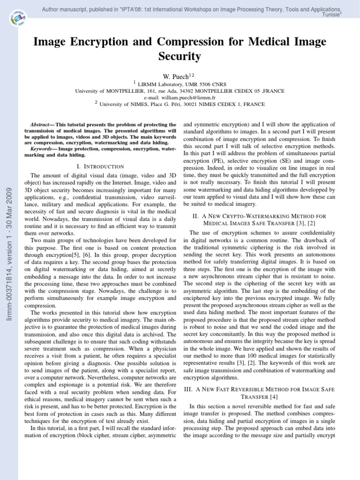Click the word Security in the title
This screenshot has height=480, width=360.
pos(180,57)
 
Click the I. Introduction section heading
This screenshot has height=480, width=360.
pos(100,166)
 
